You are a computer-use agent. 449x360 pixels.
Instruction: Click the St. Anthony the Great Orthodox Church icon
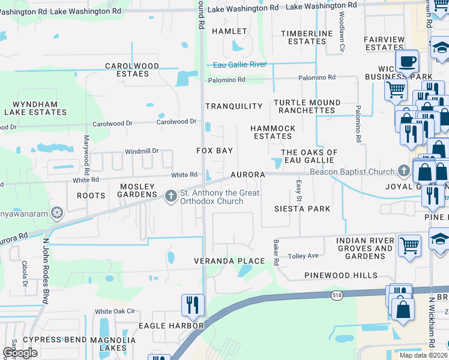pyautogui.click(x=170, y=195)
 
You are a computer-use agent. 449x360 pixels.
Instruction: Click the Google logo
pyautogui.click(x=20, y=353)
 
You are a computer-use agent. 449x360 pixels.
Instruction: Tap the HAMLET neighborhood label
pyautogui.click(x=229, y=31)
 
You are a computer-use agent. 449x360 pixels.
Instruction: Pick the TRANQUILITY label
pyautogui.click(x=234, y=106)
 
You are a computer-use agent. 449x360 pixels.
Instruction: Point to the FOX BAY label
pyautogui.click(x=214, y=150)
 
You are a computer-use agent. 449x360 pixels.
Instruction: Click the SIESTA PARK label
pyautogui.click(x=302, y=209)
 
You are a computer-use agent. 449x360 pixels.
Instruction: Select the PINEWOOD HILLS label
pyautogui.click(x=340, y=275)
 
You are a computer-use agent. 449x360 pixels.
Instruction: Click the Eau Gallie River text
pyautogui.click(x=240, y=65)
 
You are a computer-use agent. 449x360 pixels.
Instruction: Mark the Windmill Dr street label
pyautogui.click(x=141, y=151)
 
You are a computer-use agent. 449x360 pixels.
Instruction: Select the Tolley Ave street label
pyautogui.click(x=303, y=256)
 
